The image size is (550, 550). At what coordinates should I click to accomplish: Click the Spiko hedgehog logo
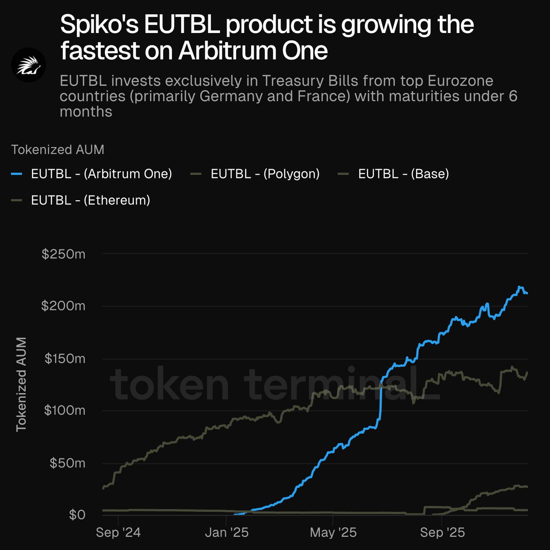click(28, 65)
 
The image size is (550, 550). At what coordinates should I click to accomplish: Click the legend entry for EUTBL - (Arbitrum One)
click(101, 174)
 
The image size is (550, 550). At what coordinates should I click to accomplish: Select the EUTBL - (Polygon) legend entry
click(265, 174)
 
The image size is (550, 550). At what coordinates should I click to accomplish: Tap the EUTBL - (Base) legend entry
click(403, 174)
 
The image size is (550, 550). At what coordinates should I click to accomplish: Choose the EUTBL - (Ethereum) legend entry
click(90, 200)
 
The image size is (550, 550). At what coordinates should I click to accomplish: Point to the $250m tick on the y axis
click(63, 254)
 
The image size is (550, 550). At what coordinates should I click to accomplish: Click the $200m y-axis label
click(63, 306)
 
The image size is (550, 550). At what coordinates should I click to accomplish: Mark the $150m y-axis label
click(65, 358)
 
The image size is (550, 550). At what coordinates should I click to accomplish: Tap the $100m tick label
click(65, 410)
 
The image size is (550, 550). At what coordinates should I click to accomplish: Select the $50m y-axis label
click(67, 463)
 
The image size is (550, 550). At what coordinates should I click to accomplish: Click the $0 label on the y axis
click(77, 515)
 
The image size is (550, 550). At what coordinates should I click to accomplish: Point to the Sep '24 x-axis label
click(118, 533)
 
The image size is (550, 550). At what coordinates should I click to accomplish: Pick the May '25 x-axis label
click(333, 533)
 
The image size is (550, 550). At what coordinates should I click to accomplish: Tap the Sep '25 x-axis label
click(442, 533)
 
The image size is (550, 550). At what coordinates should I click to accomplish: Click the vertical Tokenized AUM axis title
click(21, 385)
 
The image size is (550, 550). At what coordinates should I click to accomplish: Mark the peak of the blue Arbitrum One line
click(520, 287)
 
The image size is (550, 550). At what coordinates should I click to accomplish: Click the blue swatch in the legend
click(16, 174)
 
